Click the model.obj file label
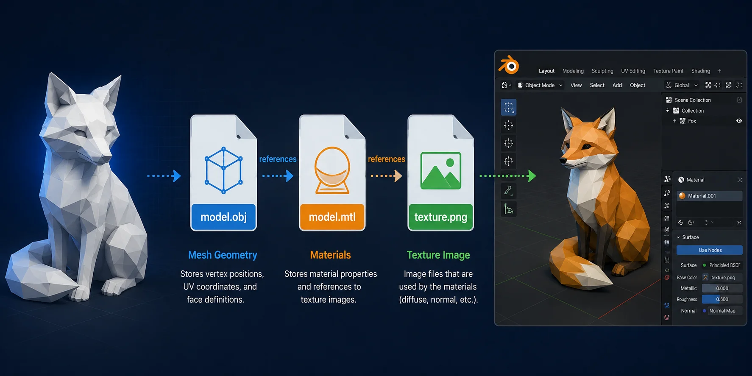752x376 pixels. pos(223,217)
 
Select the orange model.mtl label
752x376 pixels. pos(332,217)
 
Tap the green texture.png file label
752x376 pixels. pos(440,217)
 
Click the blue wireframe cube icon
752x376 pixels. pos(223,170)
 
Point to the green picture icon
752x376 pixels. pos(440,170)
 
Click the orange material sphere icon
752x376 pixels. pos(332,170)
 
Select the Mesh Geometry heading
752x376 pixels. pos(223,255)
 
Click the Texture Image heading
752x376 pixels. pos(438,255)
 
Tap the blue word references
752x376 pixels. pos(278,159)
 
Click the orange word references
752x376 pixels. pos(386,159)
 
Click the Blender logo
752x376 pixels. pos(509,65)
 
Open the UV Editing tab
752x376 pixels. pos(633,71)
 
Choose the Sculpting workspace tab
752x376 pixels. pos(602,71)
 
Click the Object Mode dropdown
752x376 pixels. pos(540,85)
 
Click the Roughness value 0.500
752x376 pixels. pos(722,299)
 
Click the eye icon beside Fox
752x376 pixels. pos(739,121)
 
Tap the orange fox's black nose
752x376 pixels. pos(563,161)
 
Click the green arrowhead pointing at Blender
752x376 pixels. pos(532,175)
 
